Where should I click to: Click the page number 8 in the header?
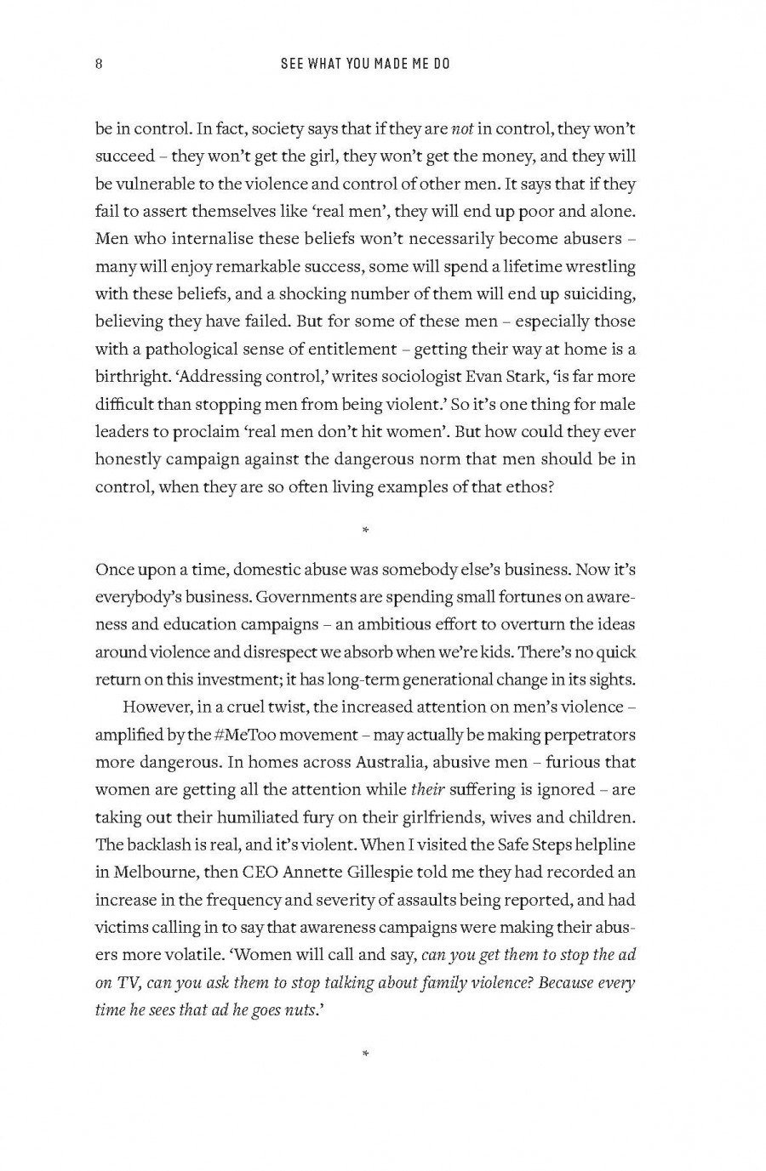point(100,64)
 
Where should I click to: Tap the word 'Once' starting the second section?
point(113,569)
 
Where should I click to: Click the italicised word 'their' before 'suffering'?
point(428,789)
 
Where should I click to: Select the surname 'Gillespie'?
point(380,872)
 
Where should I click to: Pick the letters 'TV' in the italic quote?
point(128,982)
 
